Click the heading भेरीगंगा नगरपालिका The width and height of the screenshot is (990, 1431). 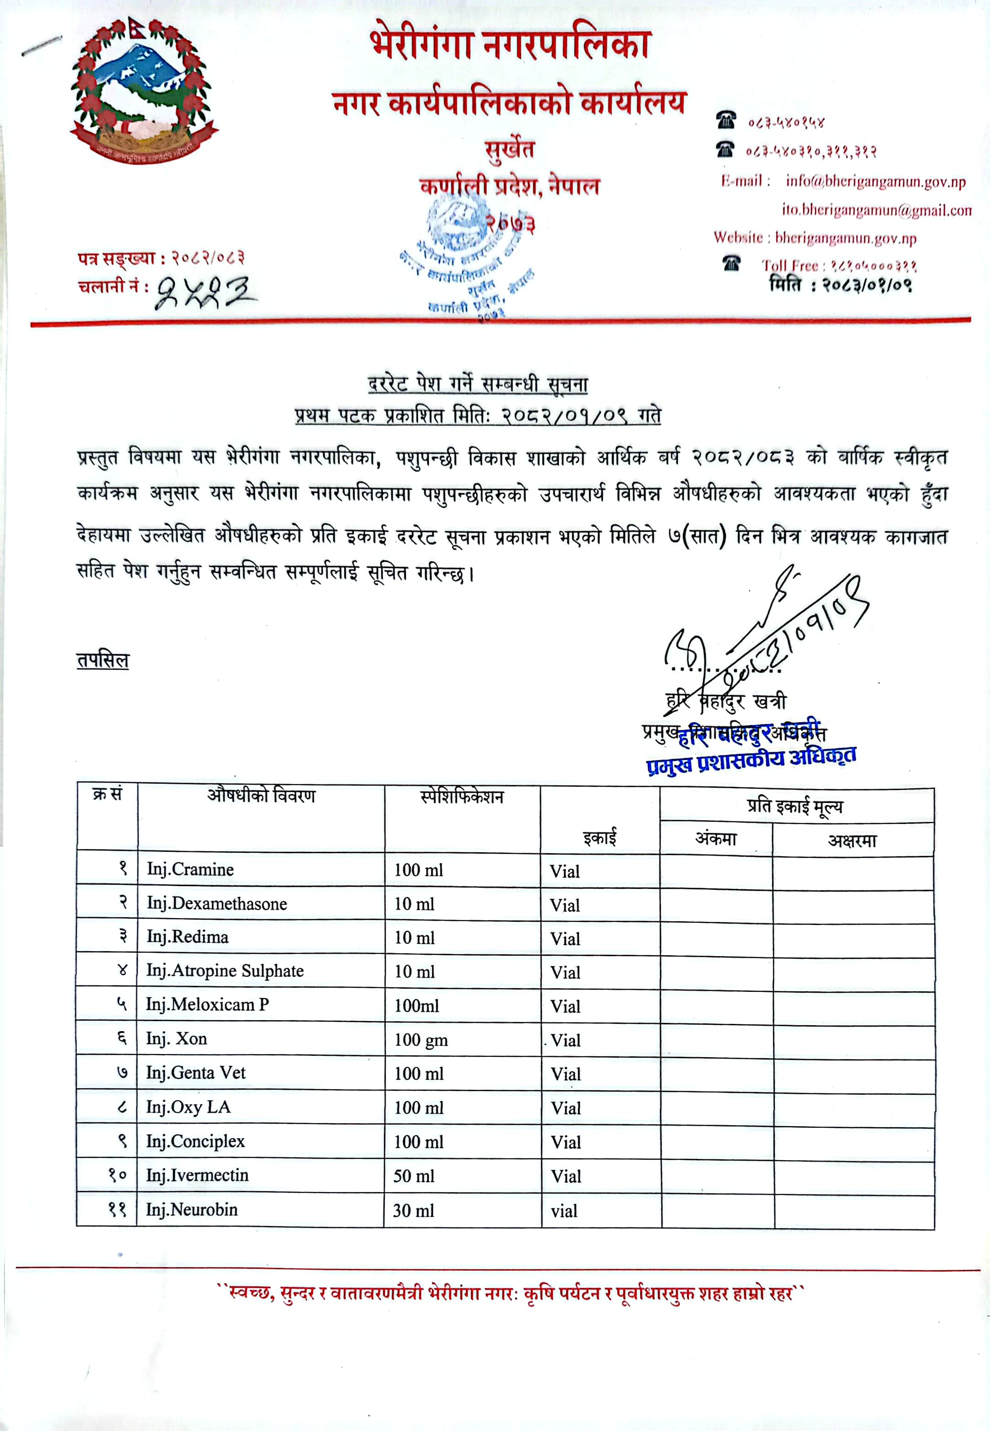pos(510,45)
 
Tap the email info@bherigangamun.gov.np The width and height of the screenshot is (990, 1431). pos(875,181)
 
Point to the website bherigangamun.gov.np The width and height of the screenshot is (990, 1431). pos(845,238)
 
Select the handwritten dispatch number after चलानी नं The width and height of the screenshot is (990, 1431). pos(205,292)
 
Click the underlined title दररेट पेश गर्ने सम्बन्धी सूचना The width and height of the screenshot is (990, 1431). pos(478,384)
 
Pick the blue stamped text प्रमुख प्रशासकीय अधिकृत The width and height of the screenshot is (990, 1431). pos(751,759)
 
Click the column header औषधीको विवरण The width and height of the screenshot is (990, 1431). pos(261,796)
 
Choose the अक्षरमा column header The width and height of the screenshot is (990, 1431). pos(852,841)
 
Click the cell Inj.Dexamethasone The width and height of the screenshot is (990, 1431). pos(216,904)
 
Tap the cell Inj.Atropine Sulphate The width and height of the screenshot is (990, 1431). pos(225,971)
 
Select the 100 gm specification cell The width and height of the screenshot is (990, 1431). pos(421,1040)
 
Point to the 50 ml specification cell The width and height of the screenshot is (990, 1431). pos(414,1176)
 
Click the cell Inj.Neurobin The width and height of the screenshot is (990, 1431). pos(192,1210)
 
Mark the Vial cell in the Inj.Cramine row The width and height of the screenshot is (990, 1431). pos(564,872)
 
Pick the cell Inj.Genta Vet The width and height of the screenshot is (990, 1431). pos(195,1073)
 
